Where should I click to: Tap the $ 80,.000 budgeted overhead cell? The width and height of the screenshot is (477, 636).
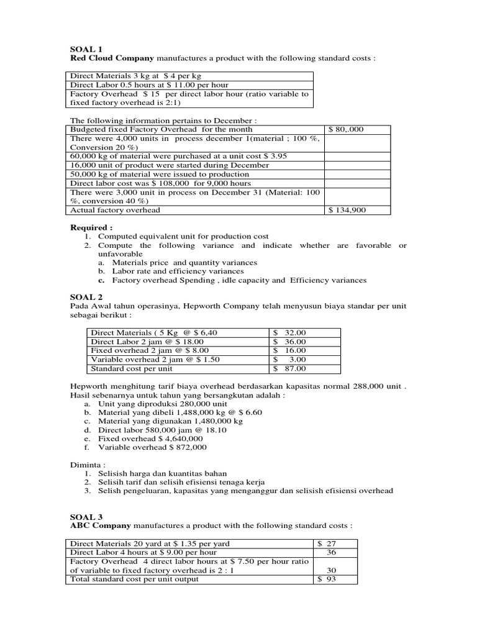(x=347, y=129)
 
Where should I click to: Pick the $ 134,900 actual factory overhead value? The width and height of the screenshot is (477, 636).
(x=348, y=210)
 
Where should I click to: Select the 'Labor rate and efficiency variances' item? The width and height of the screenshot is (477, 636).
(x=178, y=271)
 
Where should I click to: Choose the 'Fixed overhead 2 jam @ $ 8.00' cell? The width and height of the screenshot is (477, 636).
(x=147, y=350)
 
